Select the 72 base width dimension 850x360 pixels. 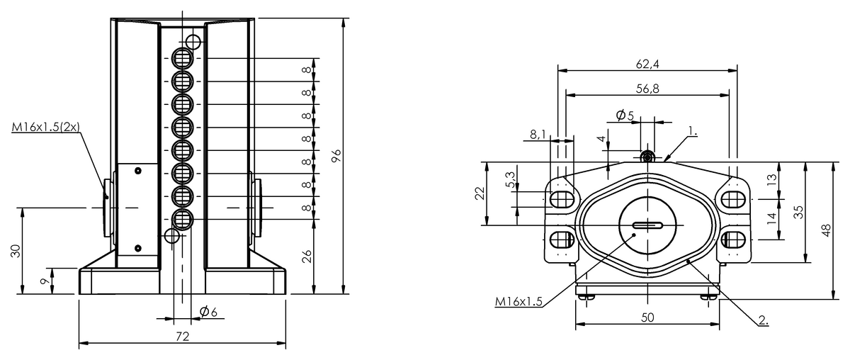[182, 337]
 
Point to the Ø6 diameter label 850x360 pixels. [208, 312]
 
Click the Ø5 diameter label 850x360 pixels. [625, 115]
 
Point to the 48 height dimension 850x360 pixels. [826, 230]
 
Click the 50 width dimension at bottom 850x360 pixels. [647, 317]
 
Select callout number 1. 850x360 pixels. [692, 132]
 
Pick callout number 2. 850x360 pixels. [763, 320]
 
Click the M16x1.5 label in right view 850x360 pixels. [519, 302]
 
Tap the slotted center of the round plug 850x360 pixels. [647, 226]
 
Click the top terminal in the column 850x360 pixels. [182, 57]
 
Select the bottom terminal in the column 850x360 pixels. [182, 218]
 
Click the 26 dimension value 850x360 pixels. [306, 257]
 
